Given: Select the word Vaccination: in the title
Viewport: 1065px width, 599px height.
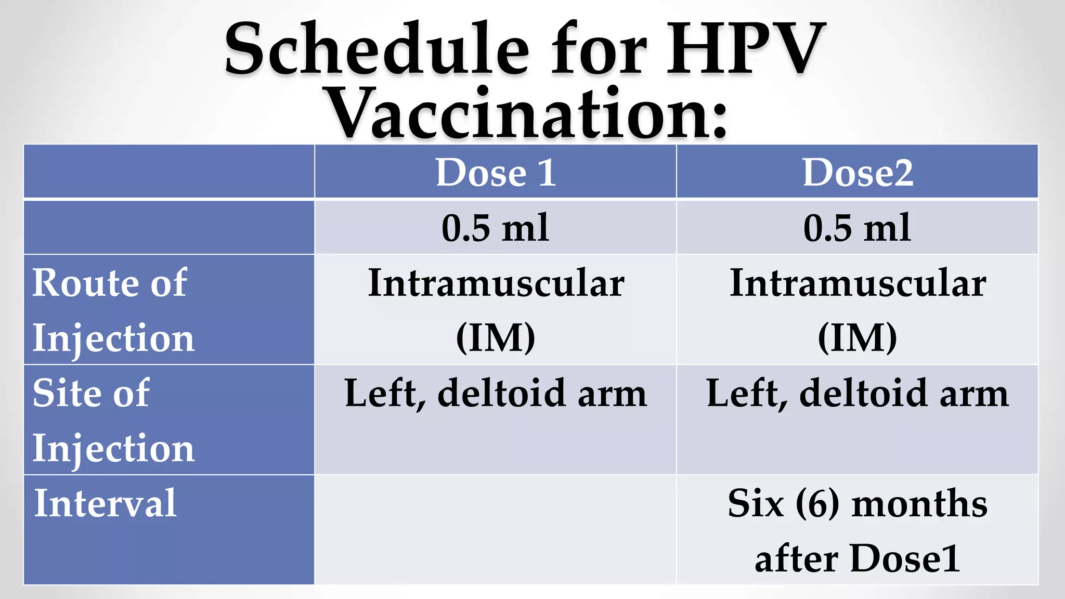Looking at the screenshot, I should coord(528,113).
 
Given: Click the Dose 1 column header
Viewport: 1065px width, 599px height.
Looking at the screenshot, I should coord(496,172).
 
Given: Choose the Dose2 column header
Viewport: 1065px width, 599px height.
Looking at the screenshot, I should coord(858,172).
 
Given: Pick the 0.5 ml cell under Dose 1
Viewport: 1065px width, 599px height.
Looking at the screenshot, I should coord(496,228).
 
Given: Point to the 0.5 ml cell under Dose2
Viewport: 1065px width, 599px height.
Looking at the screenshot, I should coord(858,228).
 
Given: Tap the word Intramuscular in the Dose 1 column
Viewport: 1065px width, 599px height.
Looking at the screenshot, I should coord(496,283).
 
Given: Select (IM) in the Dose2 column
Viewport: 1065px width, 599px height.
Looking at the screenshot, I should coord(858,338).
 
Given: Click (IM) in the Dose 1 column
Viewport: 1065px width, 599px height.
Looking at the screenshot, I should coord(496,338).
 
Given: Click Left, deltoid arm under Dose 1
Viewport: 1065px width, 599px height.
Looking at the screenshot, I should coord(496,394).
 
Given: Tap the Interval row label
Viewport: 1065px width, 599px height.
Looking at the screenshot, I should coord(106,503).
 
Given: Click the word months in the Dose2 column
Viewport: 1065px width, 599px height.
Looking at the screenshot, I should coord(919,503).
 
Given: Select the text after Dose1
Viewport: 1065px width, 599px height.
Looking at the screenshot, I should coord(858,558).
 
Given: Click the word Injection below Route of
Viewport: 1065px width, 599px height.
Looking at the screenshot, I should coord(113,338).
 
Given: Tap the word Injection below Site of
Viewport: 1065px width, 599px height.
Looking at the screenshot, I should coord(113,448).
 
